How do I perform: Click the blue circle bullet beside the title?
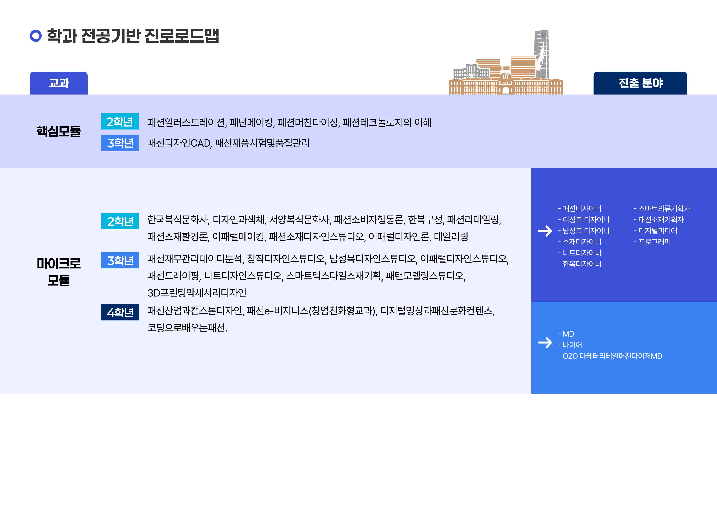(36, 36)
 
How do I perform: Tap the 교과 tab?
(59, 83)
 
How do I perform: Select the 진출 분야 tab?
(640, 83)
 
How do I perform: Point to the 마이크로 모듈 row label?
(59, 272)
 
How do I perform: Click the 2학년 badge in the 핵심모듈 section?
(120, 121)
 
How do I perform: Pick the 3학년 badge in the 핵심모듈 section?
(120, 143)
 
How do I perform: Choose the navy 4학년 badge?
(120, 312)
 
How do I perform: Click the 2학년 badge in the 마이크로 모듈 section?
(120, 221)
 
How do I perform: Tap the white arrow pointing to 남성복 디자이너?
(545, 231)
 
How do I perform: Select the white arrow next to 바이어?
(545, 342)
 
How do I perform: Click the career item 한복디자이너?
(580, 264)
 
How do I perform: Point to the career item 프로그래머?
(652, 242)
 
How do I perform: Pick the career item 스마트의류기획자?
(662, 208)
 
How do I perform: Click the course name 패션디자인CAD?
(180, 143)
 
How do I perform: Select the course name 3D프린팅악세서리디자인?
(197, 293)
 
